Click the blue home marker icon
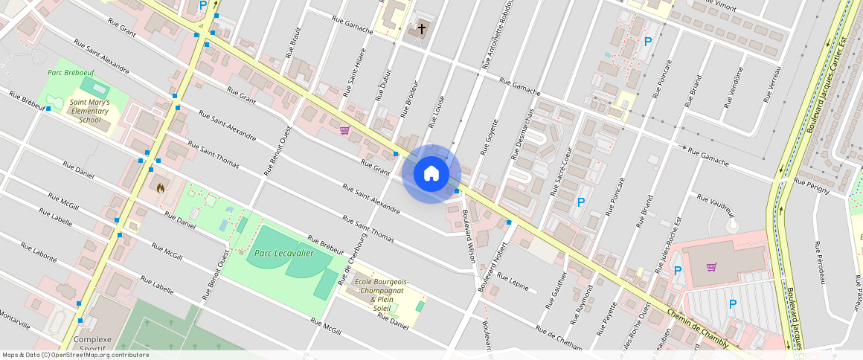tap(431, 174)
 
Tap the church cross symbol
tap(422, 29)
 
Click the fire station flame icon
tap(159, 188)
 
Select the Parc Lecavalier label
tap(283, 253)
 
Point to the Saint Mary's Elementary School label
tap(89, 111)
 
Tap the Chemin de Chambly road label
tap(698, 327)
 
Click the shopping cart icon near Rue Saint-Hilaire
tap(344, 130)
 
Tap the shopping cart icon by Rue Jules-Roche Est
tap(712, 267)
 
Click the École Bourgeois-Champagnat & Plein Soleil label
tap(382, 295)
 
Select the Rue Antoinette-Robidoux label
tap(498, 33)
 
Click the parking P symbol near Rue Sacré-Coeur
tap(581, 202)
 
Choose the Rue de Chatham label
tap(559, 335)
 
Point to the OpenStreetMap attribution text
tap(76, 355)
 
